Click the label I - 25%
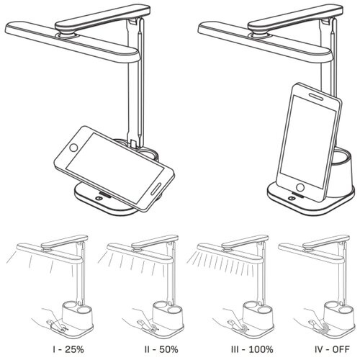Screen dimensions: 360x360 (68, 349)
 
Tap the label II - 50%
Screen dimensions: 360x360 (161, 349)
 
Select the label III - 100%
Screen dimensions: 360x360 (252, 349)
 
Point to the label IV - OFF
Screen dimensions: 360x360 (332, 349)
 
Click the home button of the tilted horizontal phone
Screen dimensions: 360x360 (73, 148)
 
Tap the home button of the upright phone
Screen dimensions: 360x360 (300, 187)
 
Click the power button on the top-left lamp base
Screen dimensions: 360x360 (99, 198)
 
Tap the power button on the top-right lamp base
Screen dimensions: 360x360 (291, 198)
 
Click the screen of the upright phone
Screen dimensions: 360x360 (308, 142)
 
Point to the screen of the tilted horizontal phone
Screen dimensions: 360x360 (114, 163)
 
